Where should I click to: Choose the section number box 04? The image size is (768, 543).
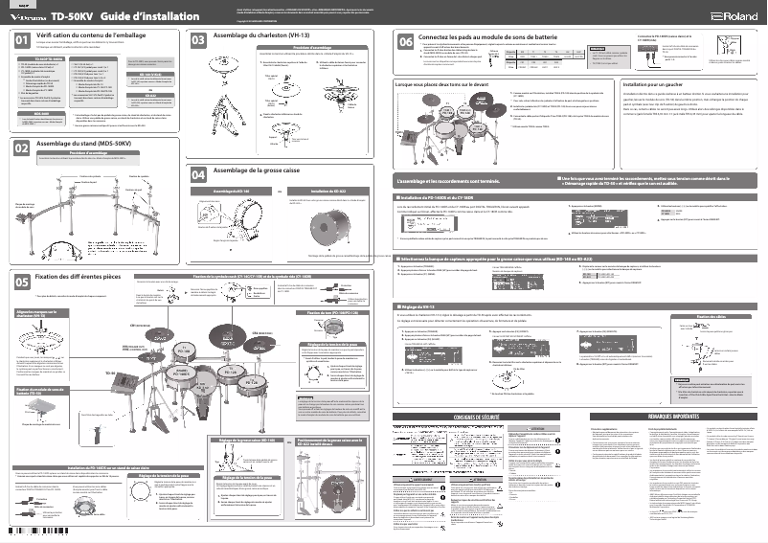(198, 174)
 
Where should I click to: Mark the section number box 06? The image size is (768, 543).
(405, 42)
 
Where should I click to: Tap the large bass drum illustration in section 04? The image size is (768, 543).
(332, 226)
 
